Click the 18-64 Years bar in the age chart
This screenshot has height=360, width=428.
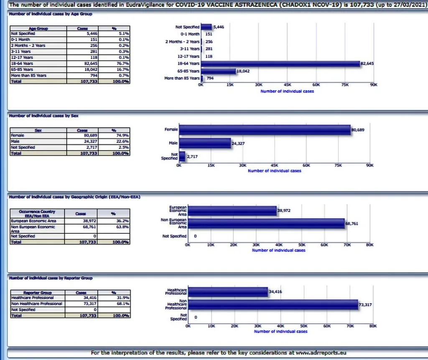point(280,64)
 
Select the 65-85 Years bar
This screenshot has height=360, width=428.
point(218,71)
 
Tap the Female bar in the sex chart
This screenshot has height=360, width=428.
point(264,130)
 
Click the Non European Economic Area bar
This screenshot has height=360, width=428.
point(266,224)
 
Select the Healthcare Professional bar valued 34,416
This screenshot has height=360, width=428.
point(228,292)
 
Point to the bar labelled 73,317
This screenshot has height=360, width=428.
point(273,305)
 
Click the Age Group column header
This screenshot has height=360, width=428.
point(38,28)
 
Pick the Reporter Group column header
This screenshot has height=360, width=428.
point(38,293)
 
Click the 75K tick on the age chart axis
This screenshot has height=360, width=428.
point(345,84)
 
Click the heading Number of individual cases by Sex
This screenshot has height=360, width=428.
point(44,116)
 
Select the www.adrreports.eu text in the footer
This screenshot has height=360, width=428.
point(321,353)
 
